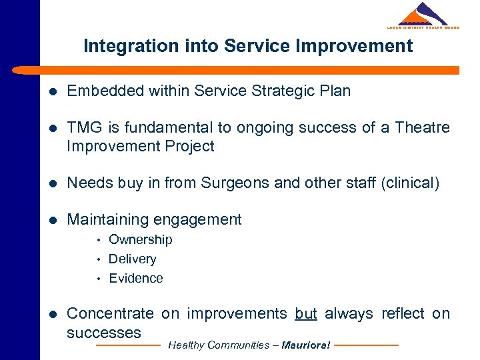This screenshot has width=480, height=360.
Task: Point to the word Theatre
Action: coord(423,127)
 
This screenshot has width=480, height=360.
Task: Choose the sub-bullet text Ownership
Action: coord(140,239)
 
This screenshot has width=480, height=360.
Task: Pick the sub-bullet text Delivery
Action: coord(132,259)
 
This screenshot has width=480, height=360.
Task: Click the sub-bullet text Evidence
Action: coord(135,278)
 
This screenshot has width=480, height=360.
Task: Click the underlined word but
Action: coord(306,313)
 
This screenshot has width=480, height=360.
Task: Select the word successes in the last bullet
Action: coord(104,332)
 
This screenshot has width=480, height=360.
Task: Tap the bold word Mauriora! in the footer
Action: coord(306,345)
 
